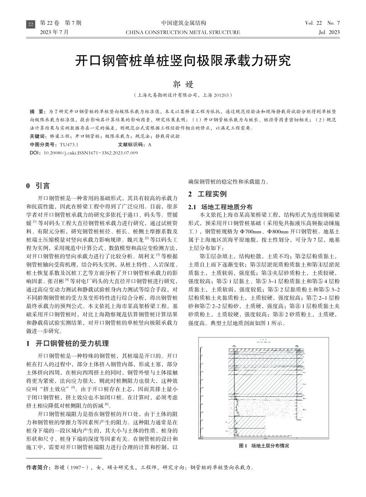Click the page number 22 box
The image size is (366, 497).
[x=30, y=25]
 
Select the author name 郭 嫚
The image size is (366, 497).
[x=183, y=84]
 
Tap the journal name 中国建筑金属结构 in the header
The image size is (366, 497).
[x=183, y=23]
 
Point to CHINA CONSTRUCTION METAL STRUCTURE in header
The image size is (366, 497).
[x=183, y=32]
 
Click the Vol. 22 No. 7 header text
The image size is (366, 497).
[x=322, y=23]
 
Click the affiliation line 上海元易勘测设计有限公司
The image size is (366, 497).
[x=183, y=95]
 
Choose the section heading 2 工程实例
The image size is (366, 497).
[x=207, y=194]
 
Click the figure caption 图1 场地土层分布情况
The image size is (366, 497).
[x=264, y=446]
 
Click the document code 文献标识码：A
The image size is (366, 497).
[x=135, y=145]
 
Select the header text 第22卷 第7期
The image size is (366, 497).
[x=60, y=23]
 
